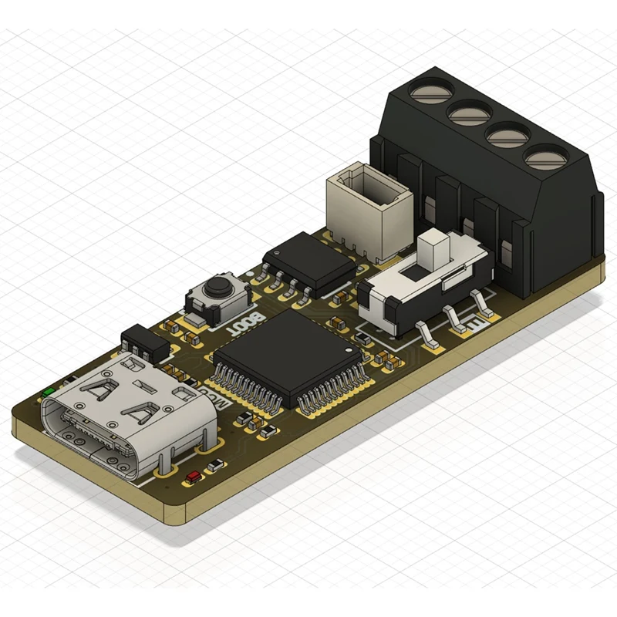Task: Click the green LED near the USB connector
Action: (x=49, y=392)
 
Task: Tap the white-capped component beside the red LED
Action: (x=217, y=464)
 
